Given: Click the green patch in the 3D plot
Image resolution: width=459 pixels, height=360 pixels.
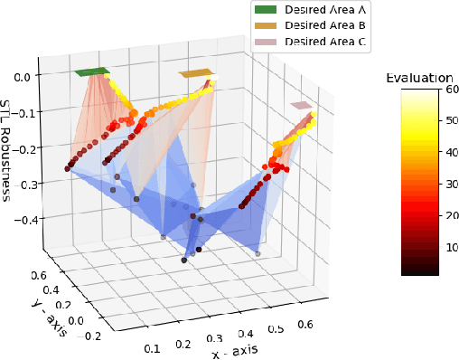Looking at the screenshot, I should click(x=91, y=71).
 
